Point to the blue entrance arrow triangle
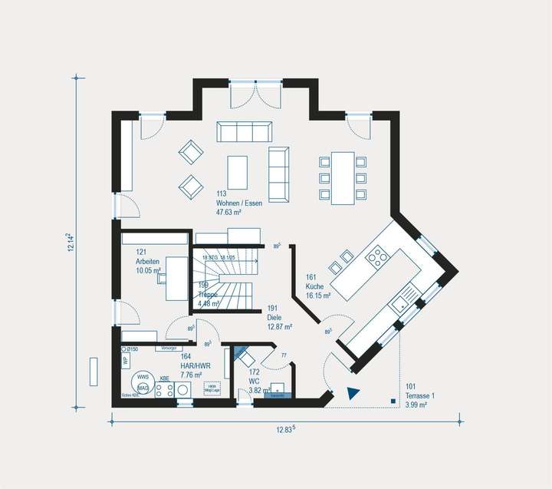353,393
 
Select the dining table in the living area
343,177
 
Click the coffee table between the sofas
238,172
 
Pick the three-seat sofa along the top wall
244,132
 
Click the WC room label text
255,382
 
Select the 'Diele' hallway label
277,322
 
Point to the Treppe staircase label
209,299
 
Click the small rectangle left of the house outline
94,372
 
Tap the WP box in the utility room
125,360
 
